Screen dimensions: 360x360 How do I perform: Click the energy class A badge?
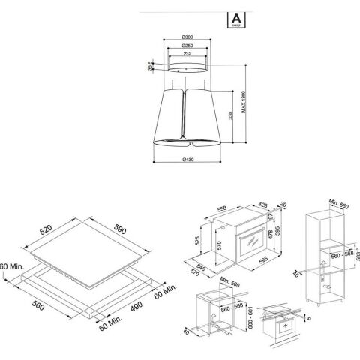coord(232,16)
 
